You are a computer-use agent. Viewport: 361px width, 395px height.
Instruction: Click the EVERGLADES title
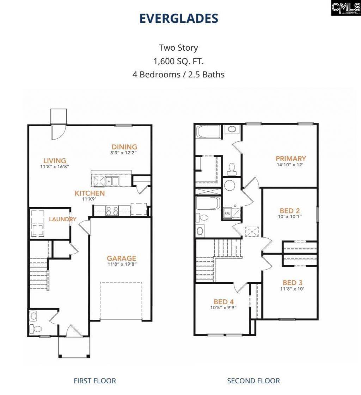(178, 18)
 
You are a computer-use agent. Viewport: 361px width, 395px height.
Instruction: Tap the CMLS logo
(345, 8)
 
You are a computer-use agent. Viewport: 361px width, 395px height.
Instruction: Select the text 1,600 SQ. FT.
(178, 61)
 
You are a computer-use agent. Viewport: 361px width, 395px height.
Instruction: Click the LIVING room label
(55, 161)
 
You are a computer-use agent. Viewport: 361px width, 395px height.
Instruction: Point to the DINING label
(124, 147)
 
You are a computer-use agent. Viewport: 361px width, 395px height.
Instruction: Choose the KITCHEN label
(90, 193)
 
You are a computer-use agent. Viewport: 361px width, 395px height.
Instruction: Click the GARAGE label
(121, 258)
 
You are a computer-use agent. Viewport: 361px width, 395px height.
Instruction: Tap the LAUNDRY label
(62, 219)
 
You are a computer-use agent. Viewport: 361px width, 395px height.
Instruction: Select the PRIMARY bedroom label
(290, 158)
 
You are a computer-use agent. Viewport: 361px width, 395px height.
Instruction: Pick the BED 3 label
(292, 282)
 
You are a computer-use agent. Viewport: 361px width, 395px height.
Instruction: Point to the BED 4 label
(224, 301)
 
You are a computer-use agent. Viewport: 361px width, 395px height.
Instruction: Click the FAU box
(227, 214)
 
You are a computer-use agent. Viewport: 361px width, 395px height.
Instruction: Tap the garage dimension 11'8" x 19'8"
(121, 264)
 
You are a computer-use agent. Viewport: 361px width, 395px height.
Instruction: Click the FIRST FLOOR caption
(94, 381)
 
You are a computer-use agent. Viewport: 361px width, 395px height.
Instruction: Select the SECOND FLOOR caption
(253, 381)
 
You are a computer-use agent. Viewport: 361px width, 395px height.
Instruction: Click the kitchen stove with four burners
(112, 211)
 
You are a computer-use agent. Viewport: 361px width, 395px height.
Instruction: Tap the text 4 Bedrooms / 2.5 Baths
(178, 75)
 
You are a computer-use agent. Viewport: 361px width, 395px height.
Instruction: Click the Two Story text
(178, 47)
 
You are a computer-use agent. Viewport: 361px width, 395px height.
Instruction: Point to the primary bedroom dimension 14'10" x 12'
(290, 164)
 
